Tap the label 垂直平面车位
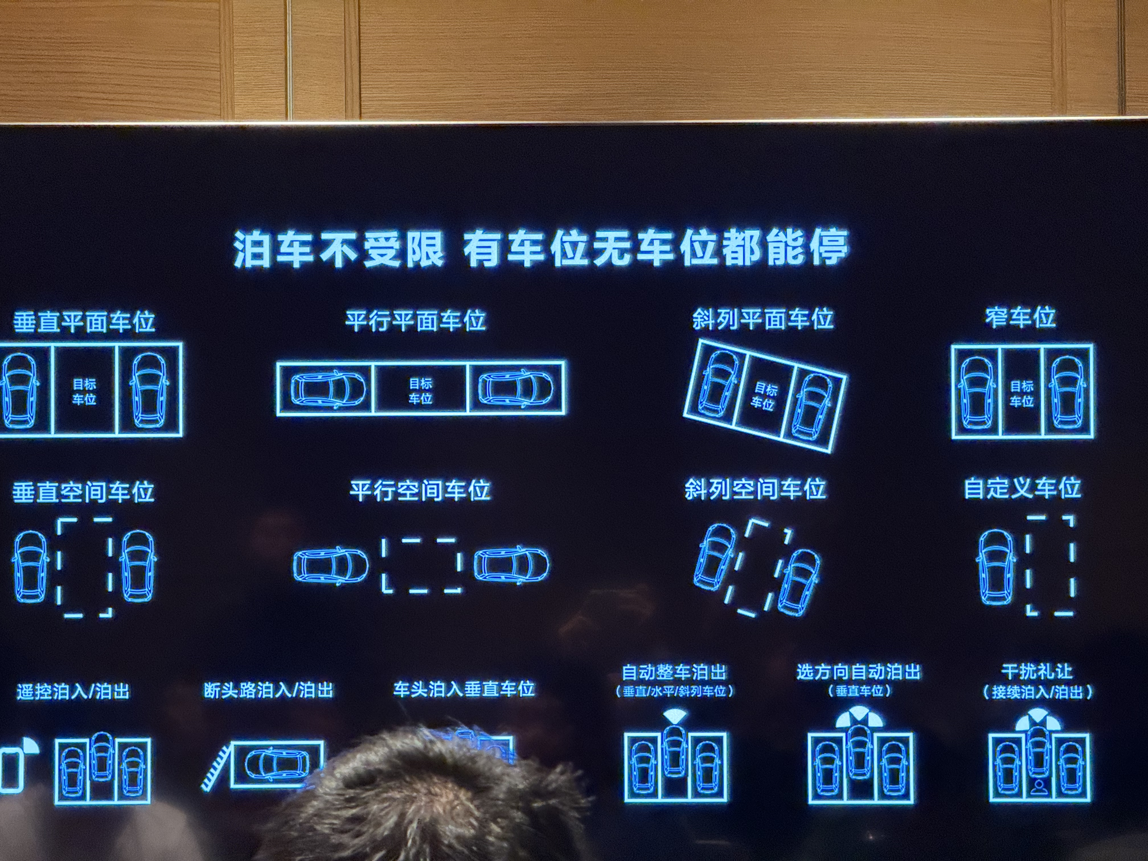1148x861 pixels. tap(84, 322)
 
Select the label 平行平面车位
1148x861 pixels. tap(416, 320)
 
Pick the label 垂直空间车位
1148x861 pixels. tap(83, 491)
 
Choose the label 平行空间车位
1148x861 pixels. tap(420, 490)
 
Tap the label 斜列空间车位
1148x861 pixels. tap(755, 489)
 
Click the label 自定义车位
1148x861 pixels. tap(1022, 488)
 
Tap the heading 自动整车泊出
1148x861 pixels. tap(674, 672)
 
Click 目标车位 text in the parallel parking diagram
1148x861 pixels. tap(420, 391)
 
